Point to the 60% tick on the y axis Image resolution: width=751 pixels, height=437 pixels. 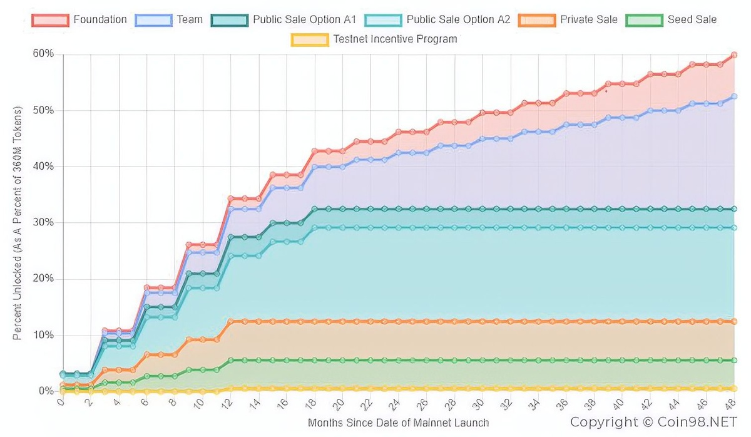click(44, 54)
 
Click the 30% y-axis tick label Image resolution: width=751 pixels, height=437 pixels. click(44, 223)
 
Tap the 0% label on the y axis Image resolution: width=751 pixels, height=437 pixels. click(46, 391)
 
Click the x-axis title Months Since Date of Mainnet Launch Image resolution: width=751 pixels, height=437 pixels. click(398, 423)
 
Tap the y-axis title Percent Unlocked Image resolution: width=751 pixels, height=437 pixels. click(18, 223)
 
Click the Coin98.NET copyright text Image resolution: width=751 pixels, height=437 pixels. click(653, 422)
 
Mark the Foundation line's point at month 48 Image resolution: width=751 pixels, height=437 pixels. click(734, 55)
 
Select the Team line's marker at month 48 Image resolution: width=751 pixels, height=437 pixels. click(734, 96)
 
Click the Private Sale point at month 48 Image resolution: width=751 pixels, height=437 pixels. click(734, 321)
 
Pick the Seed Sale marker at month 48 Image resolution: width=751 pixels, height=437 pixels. click(734, 361)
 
